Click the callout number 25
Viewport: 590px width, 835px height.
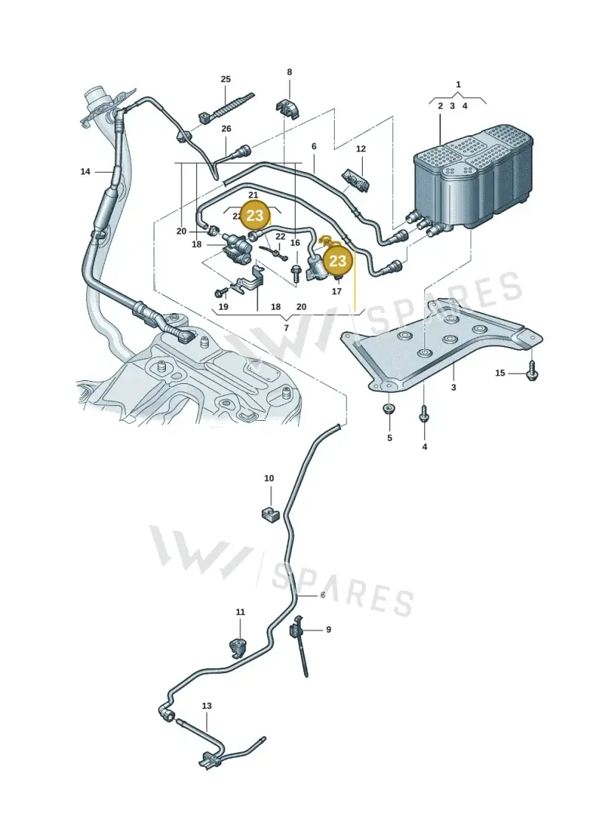226,79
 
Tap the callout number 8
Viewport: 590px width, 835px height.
289,72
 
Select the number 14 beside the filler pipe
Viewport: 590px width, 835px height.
85,171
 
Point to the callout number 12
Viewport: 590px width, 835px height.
361,149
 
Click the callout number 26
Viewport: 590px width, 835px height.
226,129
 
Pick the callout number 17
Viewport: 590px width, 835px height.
336,292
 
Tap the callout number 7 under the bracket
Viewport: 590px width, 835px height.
286,328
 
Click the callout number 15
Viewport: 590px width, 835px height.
500,373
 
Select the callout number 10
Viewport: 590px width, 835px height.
269,478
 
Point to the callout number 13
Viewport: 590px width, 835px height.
206,706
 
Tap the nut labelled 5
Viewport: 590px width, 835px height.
389,410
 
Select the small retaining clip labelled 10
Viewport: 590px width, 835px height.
269,515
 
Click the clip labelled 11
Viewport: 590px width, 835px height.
237,645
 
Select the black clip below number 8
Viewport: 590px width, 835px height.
288,107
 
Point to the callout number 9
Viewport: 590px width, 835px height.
328,630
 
